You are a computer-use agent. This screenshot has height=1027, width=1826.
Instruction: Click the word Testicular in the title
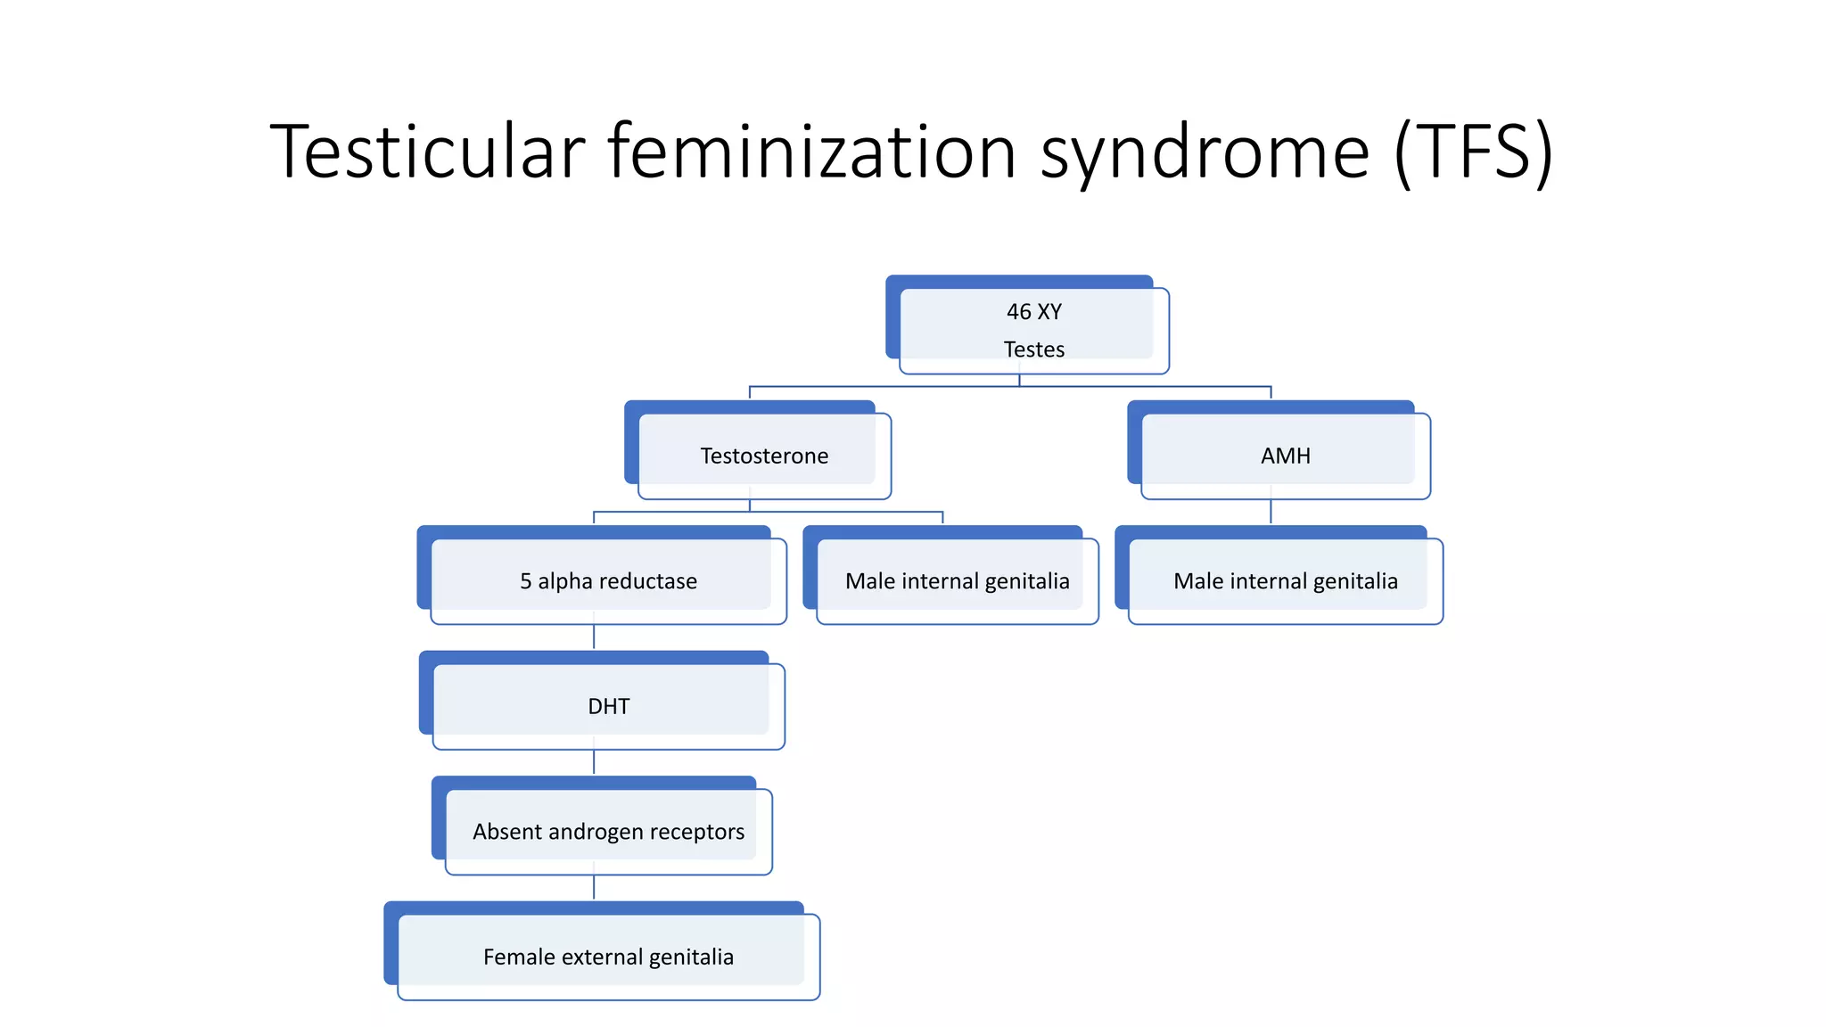pos(427,152)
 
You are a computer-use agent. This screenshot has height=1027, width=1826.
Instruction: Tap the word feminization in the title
pos(812,152)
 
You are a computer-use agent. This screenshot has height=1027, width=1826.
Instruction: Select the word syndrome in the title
pos(1204,153)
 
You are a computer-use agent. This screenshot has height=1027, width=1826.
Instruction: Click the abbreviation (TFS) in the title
pos(1474,153)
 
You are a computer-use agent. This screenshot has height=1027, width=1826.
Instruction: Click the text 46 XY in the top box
pos(1033,312)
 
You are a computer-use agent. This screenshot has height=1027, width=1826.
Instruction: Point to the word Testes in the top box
pos(1033,349)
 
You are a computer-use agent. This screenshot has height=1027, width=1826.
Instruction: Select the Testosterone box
pos(764,456)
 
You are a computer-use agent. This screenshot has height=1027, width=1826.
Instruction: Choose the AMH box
pos(1285,456)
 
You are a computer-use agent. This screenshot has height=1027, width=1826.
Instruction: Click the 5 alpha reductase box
pos(608,581)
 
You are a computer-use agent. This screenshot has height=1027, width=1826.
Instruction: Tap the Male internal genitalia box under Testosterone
pos(957,581)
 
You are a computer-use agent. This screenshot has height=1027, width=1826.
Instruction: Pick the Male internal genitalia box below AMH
pos(1285,581)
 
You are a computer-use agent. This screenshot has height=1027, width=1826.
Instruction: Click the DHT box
pos(608,706)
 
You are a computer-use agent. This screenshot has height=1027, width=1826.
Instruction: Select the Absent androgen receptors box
pos(608,832)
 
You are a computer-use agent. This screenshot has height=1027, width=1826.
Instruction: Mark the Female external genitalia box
pos(608,957)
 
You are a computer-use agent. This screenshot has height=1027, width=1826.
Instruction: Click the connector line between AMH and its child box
pos(1271,512)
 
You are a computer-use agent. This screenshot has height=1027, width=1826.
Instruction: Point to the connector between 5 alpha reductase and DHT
pos(594,637)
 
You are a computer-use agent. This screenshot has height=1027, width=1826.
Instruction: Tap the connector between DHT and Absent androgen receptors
pos(594,762)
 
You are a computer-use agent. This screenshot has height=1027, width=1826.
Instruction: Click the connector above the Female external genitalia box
pos(594,887)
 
